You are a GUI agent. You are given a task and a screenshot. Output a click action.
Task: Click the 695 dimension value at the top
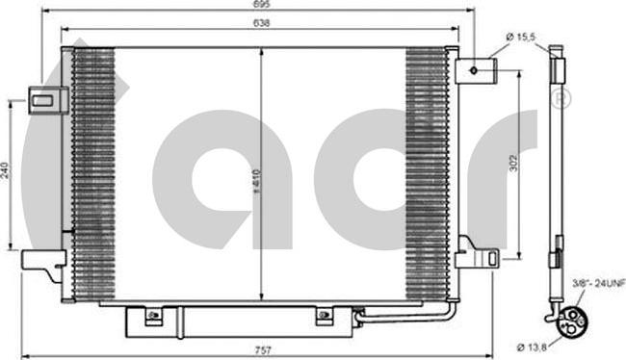tap(262, 4)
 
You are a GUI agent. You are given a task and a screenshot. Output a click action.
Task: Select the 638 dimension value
tap(262, 23)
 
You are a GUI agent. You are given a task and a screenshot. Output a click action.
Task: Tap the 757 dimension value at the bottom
tap(263, 350)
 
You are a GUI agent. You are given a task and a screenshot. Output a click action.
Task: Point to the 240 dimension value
tap(5, 170)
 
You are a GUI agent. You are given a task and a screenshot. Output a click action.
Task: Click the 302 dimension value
tap(513, 164)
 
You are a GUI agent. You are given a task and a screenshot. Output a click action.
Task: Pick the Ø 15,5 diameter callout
tap(521, 38)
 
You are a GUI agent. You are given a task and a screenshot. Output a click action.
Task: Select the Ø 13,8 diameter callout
tap(532, 347)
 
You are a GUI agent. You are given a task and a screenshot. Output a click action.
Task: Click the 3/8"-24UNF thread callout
tap(598, 283)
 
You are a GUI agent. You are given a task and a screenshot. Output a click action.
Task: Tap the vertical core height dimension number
tap(256, 182)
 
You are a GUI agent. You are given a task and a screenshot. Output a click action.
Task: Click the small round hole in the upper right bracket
tap(474, 70)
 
